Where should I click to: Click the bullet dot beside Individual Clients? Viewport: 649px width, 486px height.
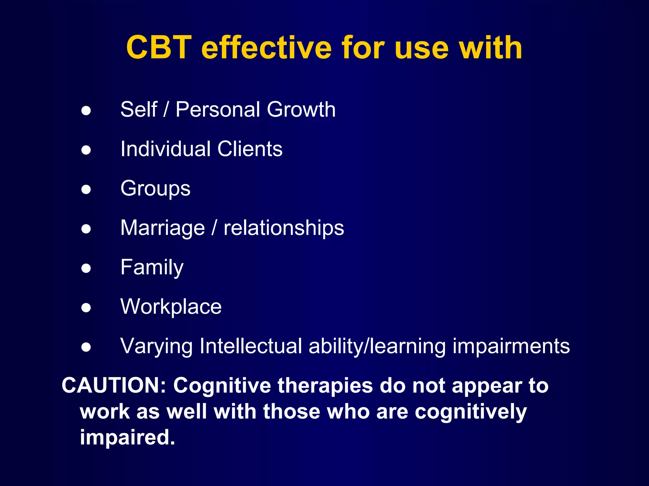tap(86, 150)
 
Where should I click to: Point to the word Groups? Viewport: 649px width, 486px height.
tap(155, 189)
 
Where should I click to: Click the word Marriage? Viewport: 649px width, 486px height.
tap(163, 228)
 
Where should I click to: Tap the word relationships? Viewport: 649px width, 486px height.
tap(284, 228)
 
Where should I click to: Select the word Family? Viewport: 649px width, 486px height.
tap(152, 268)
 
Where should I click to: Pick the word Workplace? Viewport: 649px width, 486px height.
tap(171, 307)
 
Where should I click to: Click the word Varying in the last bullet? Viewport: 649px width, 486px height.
tap(156, 346)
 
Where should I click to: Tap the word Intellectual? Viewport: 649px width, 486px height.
tap(251, 346)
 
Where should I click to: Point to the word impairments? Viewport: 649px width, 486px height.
tap(511, 346)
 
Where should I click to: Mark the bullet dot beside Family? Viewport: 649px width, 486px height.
tap(86, 268)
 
